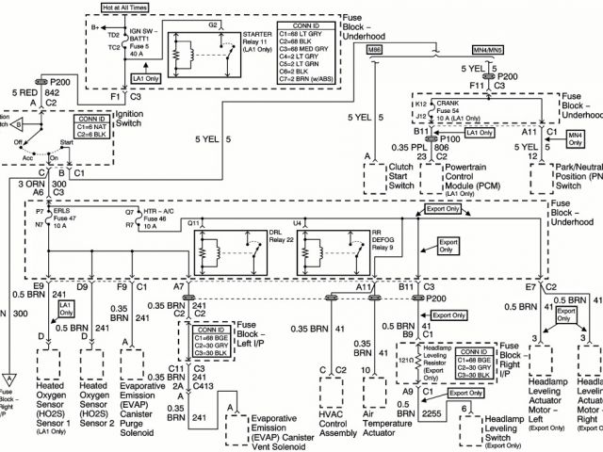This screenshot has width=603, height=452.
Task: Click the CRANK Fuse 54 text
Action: tap(458, 110)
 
